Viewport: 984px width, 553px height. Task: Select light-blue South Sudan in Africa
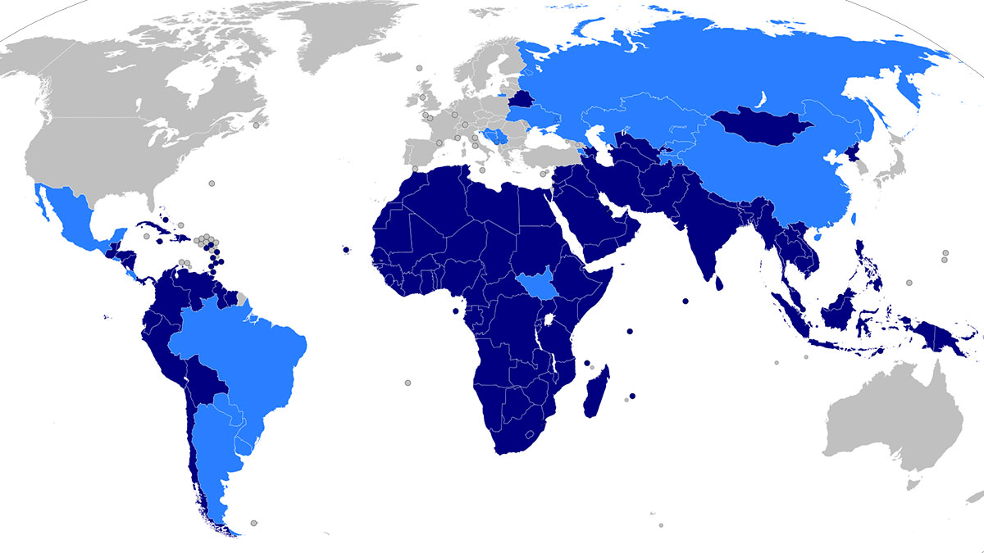(534, 286)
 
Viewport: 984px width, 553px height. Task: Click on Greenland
(344, 33)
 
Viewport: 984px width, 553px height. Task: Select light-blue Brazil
(246, 344)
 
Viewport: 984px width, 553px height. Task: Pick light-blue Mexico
(78, 217)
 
